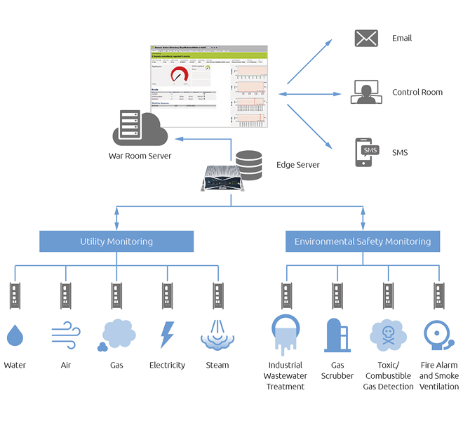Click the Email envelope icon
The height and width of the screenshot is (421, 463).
pos(366,39)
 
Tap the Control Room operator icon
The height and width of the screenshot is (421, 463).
pos(366,92)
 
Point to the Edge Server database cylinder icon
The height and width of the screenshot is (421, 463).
pos(248,164)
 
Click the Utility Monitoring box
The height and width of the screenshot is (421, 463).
pos(116,241)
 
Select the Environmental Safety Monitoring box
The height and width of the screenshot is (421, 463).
pos(362,241)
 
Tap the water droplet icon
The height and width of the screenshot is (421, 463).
pos(15,335)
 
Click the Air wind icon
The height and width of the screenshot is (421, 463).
pos(65,335)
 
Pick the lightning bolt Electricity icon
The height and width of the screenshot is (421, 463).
pos(167,335)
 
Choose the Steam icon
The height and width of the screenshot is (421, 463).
pos(217,335)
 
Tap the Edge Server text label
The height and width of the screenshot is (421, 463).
pos(298,165)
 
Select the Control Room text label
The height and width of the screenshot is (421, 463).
pos(417,93)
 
